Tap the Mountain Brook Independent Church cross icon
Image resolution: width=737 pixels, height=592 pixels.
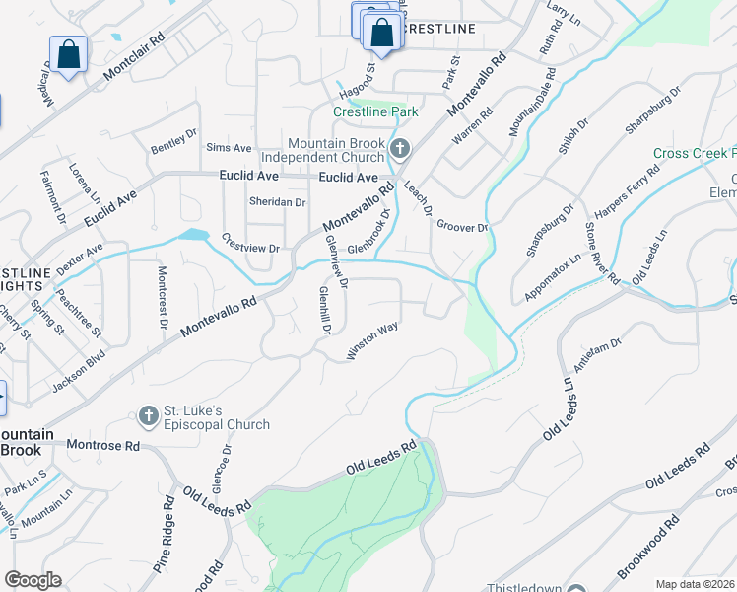tap(399, 149)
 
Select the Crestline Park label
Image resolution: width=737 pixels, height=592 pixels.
tap(368, 112)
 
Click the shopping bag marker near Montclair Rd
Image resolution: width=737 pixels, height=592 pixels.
tap(68, 54)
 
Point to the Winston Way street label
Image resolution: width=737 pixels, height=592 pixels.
tap(371, 340)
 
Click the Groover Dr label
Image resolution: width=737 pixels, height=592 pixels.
tap(462, 227)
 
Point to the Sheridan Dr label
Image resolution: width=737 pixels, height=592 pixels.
tap(277, 202)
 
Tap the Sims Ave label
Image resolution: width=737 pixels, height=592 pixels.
tap(229, 148)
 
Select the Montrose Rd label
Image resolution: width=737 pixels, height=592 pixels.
tap(102, 445)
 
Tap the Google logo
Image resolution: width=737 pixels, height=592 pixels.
tap(33, 580)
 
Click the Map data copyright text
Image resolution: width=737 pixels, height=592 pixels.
tap(696, 584)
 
